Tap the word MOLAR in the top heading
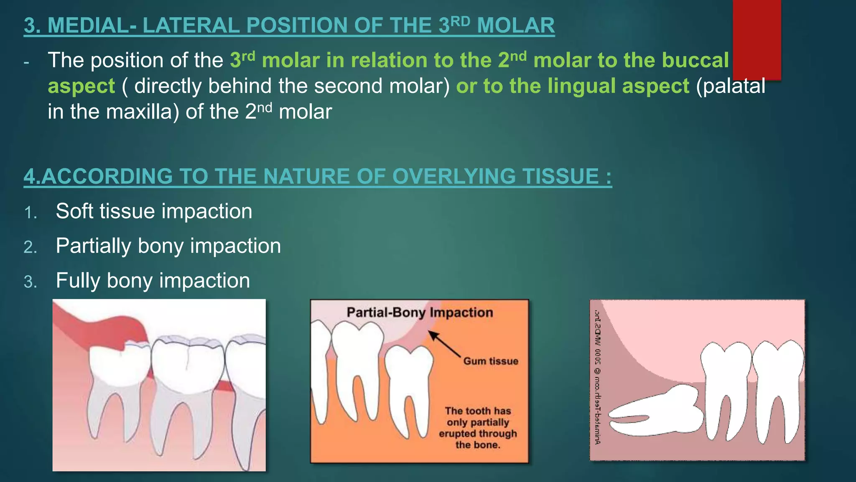515,26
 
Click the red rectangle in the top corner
757,40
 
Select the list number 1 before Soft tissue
31,213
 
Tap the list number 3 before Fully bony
31,282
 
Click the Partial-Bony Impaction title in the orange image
420,313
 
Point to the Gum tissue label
490,361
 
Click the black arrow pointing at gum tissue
445,344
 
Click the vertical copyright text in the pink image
598,377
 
